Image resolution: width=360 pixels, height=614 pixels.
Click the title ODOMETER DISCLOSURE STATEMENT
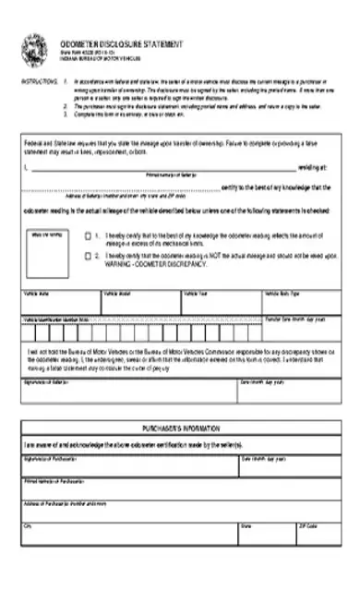tap(121, 43)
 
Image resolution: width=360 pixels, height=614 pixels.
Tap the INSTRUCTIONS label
tap(36, 82)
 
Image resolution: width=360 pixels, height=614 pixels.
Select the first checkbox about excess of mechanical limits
tap(88, 235)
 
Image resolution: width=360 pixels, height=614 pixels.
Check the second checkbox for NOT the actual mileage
tap(88, 255)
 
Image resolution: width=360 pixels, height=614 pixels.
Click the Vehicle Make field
tap(60, 305)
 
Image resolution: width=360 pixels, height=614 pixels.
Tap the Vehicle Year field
tap(221, 305)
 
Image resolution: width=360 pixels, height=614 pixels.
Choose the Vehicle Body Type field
tap(301, 305)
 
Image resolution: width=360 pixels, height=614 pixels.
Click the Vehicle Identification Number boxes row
tap(138, 330)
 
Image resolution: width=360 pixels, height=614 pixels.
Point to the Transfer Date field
tap(301, 330)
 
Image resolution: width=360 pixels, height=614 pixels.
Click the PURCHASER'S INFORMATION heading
tap(180, 431)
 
